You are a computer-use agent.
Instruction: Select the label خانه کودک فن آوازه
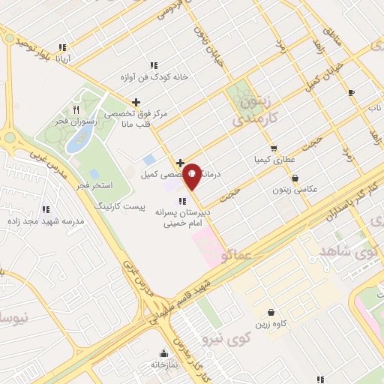click(154, 77)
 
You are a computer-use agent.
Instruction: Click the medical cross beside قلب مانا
click(136, 102)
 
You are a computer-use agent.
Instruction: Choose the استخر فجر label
click(94, 184)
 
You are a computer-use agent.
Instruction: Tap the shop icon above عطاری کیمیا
click(274, 148)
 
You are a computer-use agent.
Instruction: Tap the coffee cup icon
click(351, 93)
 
